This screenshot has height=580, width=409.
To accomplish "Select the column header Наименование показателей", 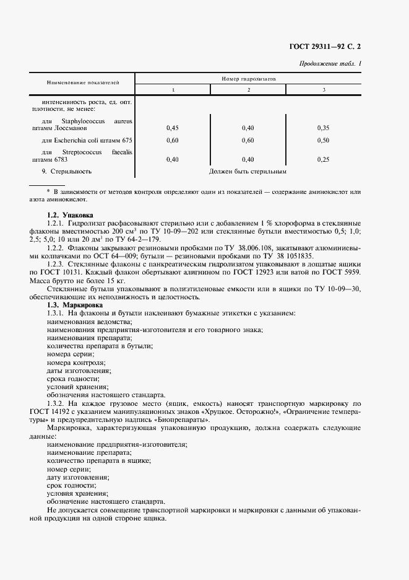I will (83, 82).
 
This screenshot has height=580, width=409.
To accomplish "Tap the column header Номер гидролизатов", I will (249, 79).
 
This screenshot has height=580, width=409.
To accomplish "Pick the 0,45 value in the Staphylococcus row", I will (173, 128).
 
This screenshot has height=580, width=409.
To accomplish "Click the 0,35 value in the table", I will (323, 128).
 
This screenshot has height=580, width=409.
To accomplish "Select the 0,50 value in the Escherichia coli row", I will (323, 141).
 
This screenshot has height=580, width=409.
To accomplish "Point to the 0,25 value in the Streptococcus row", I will (323, 159).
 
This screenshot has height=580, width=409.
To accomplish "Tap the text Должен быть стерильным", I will (248, 171).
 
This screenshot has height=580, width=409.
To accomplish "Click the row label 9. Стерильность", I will (66, 171).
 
